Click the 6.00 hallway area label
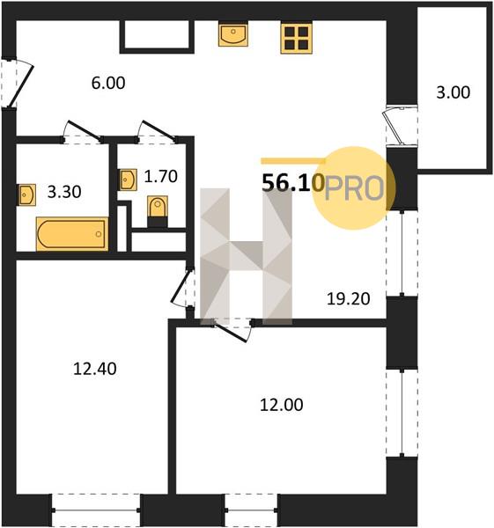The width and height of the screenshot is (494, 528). pyautogui.click(x=108, y=83)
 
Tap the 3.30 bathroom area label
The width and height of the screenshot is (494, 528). pyautogui.click(x=64, y=192)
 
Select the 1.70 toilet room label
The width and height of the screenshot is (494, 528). pyautogui.click(x=160, y=177)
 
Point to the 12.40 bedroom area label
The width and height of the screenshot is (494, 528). pyautogui.click(x=95, y=369)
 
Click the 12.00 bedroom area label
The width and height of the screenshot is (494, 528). pyautogui.click(x=282, y=405)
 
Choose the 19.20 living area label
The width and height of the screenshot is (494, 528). pyautogui.click(x=349, y=298)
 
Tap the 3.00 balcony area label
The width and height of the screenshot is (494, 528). pyautogui.click(x=453, y=92)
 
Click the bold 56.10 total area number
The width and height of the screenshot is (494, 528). pyautogui.click(x=293, y=183)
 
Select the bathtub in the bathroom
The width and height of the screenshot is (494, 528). pyautogui.click(x=72, y=234)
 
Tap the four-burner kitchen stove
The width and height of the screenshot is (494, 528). pyautogui.click(x=296, y=37)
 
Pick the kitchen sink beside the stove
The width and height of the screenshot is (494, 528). pyautogui.click(x=233, y=33)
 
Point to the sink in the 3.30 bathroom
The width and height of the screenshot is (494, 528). pyautogui.click(x=27, y=194)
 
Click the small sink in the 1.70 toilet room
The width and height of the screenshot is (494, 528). pyautogui.click(x=129, y=180)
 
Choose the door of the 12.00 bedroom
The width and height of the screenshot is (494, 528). pyautogui.click(x=233, y=329)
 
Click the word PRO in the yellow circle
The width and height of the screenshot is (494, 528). pyautogui.click(x=354, y=189)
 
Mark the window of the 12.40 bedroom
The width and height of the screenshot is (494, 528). pyautogui.click(x=96, y=510)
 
